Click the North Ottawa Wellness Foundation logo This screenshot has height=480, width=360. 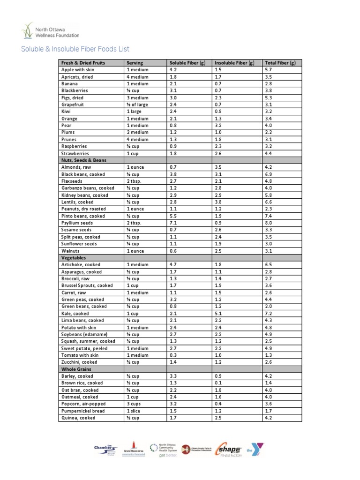50,31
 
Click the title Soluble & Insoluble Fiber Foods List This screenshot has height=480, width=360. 75,49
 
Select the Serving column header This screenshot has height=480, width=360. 135,63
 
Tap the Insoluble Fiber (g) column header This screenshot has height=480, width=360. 234,63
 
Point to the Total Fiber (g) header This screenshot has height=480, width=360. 280,63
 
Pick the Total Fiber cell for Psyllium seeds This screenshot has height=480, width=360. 268,223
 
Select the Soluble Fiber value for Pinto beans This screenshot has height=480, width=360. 173,216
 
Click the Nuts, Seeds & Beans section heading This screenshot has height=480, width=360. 83,160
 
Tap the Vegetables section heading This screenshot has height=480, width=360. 74,258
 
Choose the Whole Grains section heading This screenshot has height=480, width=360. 76,369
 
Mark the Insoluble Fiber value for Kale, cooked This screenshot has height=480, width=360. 218,314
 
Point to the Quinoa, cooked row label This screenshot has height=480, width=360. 78,418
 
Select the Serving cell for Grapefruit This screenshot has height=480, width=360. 137,105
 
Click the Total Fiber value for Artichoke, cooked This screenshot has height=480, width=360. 268,265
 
